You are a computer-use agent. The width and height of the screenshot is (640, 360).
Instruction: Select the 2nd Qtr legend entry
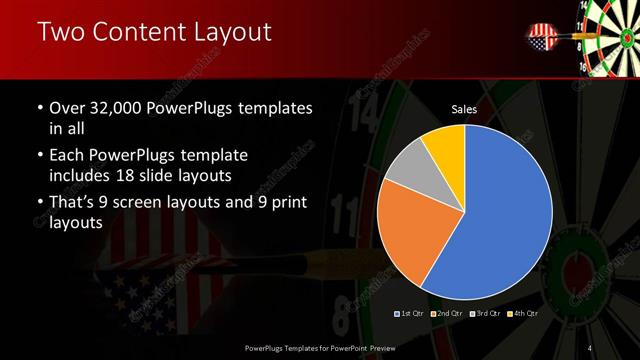[x=448, y=313]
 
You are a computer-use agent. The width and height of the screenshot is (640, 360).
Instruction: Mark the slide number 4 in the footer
[x=591, y=347]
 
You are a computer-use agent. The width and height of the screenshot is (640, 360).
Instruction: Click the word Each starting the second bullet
[x=67, y=157]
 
